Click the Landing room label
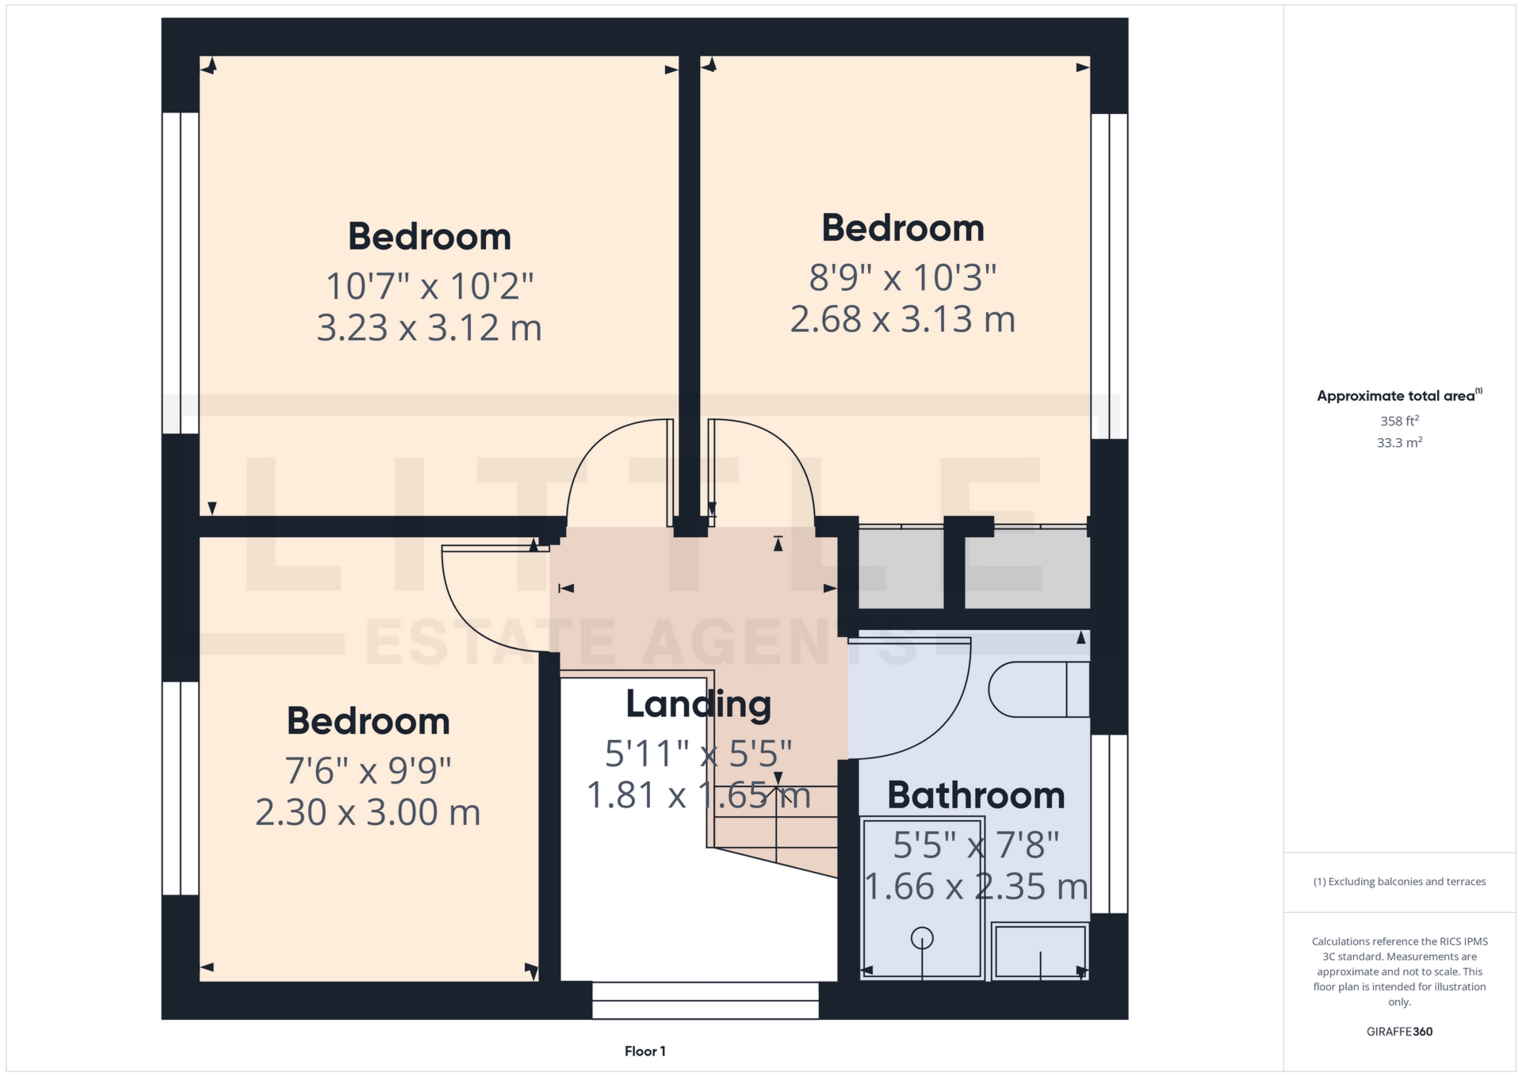tap(698, 704)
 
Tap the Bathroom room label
tap(976, 795)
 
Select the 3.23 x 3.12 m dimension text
tap(429, 327)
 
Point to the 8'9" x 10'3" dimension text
tap(903, 277)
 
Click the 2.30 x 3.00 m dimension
tap(368, 812)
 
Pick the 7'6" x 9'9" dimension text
tap(368, 769)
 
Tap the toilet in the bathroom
tap(1038, 689)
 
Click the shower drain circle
tap(922, 938)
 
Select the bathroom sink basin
tap(1040, 952)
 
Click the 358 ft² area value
tap(1399, 421)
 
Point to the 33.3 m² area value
tap(1399, 442)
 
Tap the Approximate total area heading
tap(1399, 395)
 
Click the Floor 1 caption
tap(645, 1051)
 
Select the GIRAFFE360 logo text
tap(1399, 1032)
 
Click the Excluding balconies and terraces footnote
tap(1399, 882)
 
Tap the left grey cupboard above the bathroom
tap(901, 568)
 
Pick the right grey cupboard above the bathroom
tap(1027, 568)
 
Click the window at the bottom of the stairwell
tap(706, 1000)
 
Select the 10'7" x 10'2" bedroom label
tap(429, 285)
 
